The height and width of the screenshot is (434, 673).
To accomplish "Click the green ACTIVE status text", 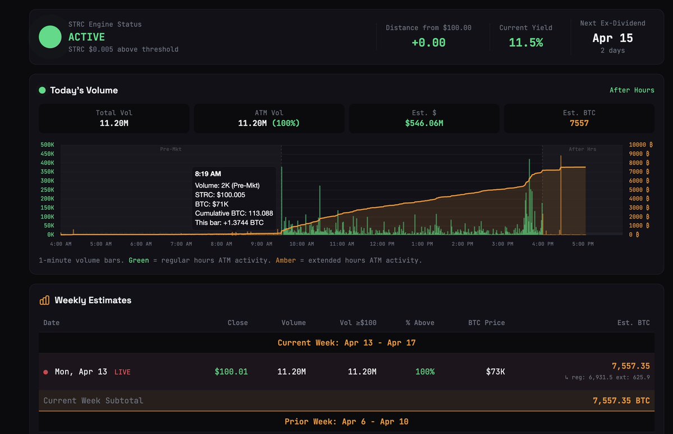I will (86, 37).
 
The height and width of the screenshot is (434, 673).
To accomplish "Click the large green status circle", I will (50, 36).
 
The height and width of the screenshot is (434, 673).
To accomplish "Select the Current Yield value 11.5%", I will (525, 43).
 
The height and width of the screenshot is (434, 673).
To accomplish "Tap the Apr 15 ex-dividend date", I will (612, 38).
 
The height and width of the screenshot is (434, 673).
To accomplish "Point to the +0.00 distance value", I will (428, 43).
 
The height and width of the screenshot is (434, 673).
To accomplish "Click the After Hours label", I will (631, 90).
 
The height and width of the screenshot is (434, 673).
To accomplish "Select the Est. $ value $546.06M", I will (424, 123).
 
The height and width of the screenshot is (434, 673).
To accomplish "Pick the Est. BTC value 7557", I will (579, 123).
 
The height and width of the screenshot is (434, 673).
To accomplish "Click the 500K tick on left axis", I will (47, 145).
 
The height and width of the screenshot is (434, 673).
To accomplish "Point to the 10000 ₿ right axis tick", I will (639, 145).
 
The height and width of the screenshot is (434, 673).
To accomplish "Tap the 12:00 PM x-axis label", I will (382, 244).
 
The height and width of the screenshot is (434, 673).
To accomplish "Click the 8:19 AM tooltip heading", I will (208, 174).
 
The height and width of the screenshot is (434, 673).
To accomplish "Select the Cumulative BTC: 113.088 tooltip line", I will (234, 213).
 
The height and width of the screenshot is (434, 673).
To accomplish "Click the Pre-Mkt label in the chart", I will (171, 149).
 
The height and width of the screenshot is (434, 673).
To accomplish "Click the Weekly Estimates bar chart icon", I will (44, 300).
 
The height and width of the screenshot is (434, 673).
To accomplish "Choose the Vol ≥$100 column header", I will (358, 323).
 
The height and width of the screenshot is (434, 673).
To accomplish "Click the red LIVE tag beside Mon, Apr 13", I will (122, 372).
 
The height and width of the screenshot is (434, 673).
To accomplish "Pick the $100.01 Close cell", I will (231, 372).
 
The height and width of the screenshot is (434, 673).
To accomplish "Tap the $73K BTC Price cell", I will (495, 372).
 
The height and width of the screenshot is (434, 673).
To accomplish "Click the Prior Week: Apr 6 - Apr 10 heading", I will (346, 422).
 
